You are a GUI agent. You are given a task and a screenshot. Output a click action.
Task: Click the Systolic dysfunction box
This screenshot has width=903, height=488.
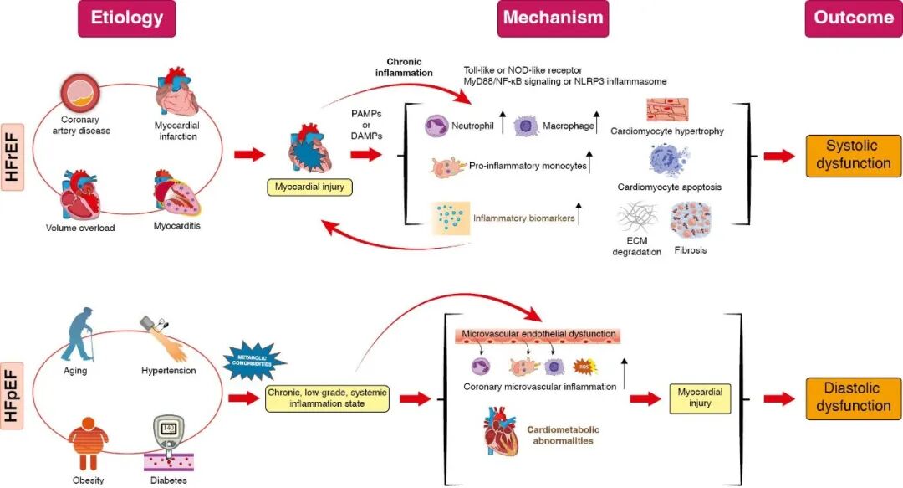[x=853, y=155]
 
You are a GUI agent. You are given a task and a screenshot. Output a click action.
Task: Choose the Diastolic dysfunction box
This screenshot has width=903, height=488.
[x=853, y=397]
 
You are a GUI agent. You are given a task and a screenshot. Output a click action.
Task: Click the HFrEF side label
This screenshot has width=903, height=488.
[x=12, y=155]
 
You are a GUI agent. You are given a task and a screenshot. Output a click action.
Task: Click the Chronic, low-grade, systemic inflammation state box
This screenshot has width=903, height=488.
[x=328, y=398]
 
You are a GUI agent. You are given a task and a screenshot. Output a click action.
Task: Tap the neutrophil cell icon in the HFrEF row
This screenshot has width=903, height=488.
[x=439, y=126]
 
